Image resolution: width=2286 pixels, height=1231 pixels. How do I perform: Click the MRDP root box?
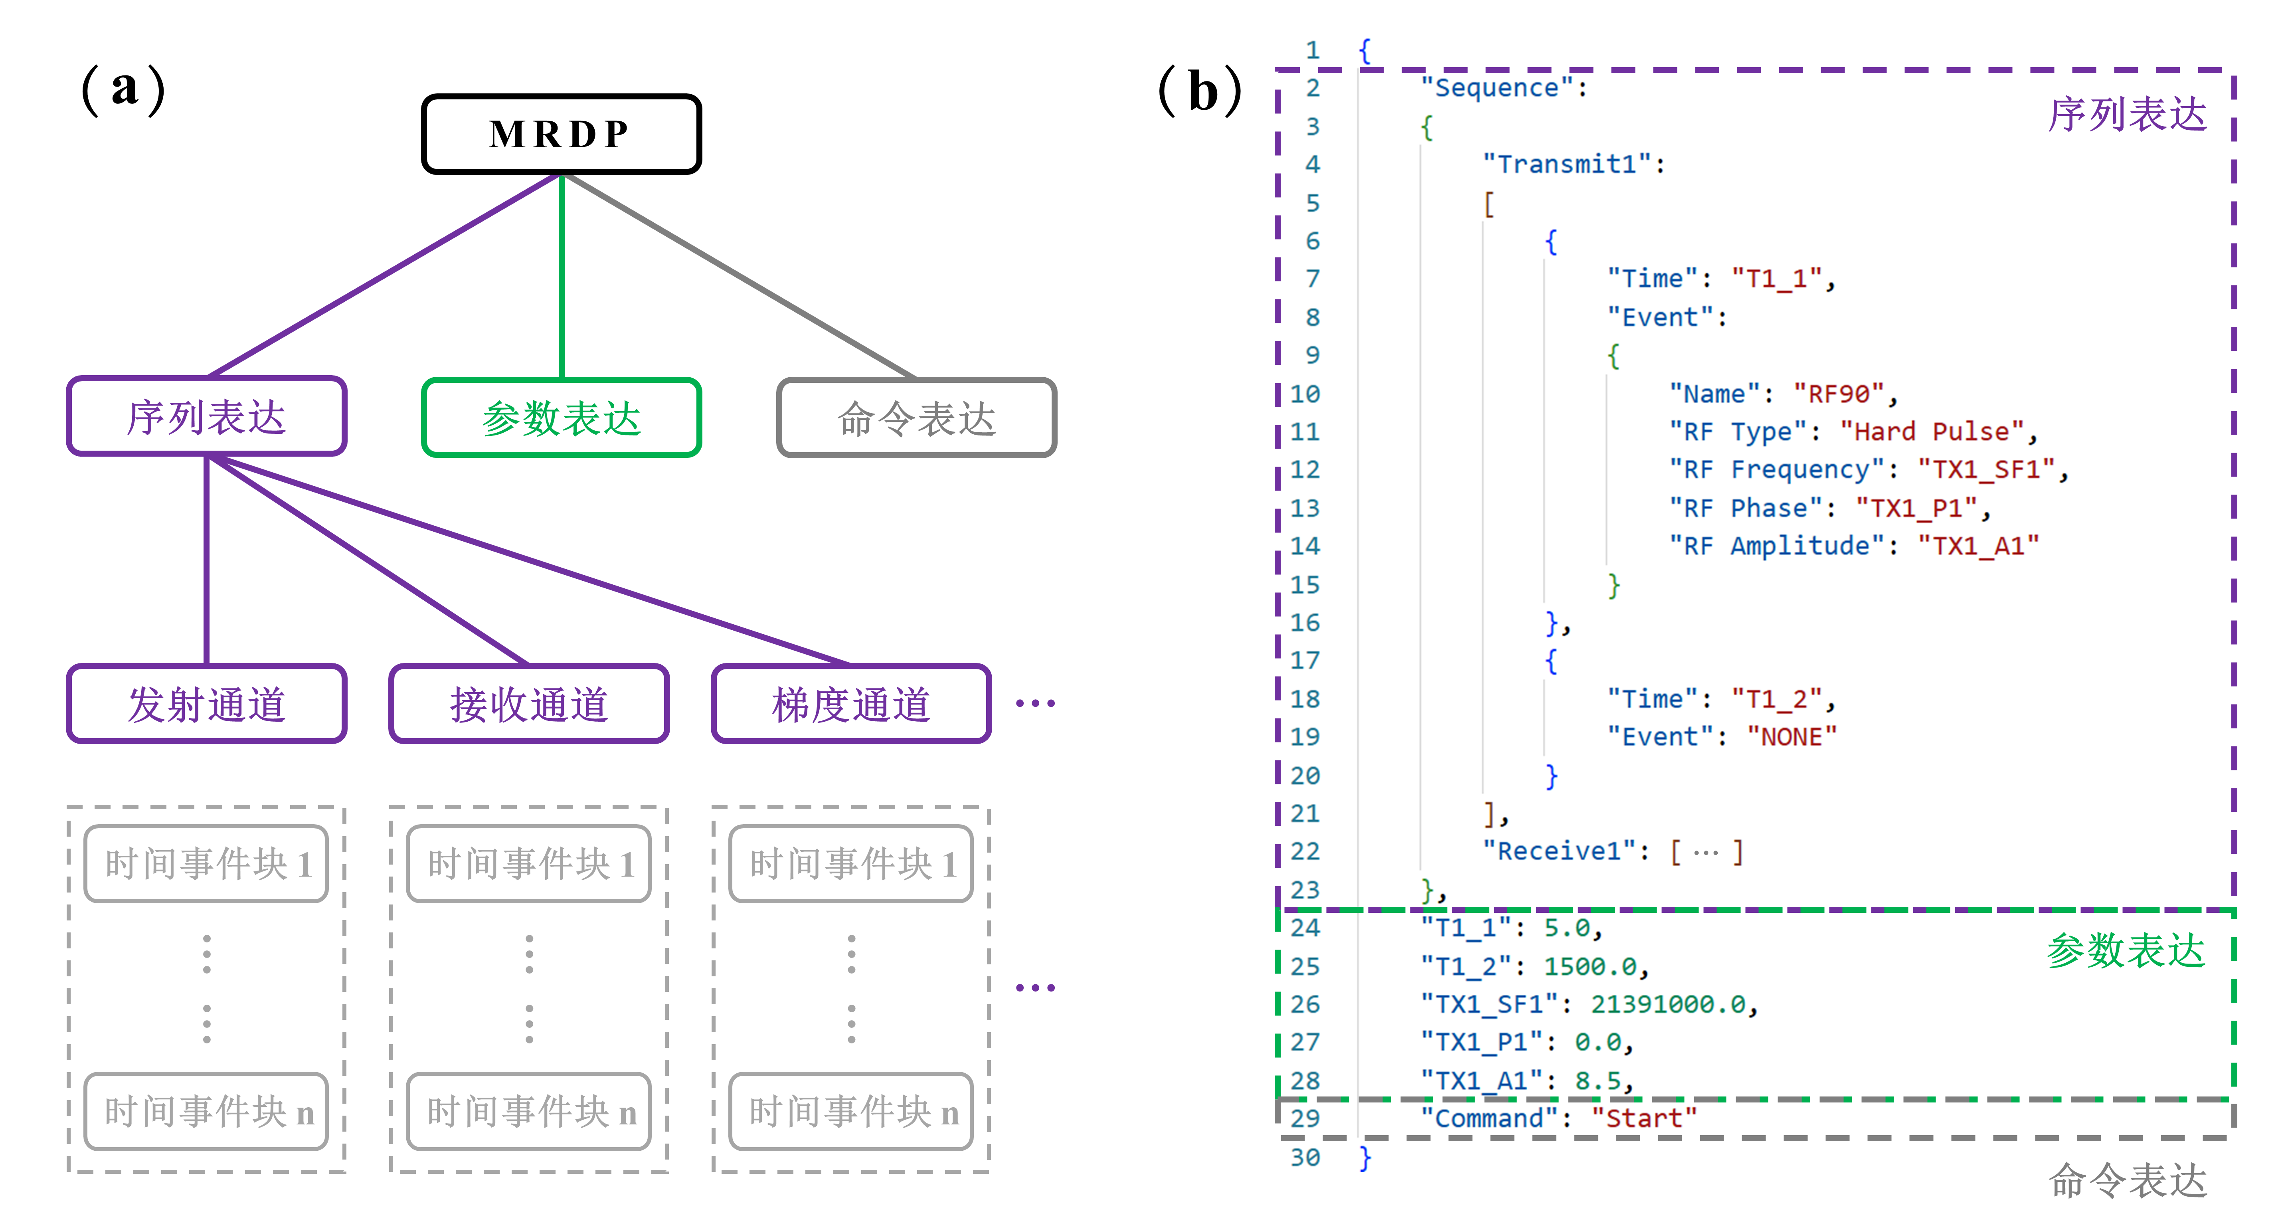point(561,134)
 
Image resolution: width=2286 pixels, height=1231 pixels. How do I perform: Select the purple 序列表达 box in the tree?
point(206,416)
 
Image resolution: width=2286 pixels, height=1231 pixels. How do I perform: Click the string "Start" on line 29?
point(1643,1118)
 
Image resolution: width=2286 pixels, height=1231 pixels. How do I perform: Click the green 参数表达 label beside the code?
point(2126,950)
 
